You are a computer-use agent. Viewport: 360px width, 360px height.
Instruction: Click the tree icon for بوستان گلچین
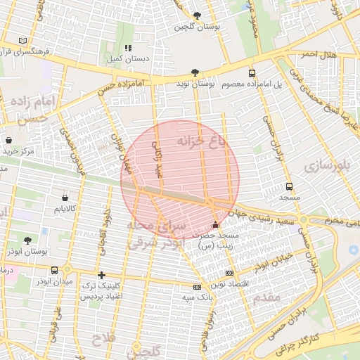point(196,15)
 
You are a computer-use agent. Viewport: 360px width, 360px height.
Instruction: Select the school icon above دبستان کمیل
point(128,49)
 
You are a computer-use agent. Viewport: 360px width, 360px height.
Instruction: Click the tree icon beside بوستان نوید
point(195,72)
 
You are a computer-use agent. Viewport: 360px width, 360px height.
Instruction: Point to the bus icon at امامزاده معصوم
point(252,73)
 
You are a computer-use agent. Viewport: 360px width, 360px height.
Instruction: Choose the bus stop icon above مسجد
point(289,187)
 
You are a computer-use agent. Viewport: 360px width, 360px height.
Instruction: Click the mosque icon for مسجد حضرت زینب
point(215,224)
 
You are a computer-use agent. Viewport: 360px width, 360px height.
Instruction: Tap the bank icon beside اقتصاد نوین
point(229,273)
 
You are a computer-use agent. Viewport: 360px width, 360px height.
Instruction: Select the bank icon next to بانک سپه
point(197,287)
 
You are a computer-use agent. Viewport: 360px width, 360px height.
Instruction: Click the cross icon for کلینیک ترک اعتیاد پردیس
point(102,275)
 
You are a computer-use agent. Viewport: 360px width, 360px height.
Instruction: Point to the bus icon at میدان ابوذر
point(55,271)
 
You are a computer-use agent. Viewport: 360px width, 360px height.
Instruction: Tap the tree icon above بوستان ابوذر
point(27,240)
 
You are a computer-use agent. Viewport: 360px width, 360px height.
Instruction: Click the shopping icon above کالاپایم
point(65,198)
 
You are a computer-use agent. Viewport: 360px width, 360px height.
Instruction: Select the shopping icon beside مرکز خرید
point(8,139)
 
